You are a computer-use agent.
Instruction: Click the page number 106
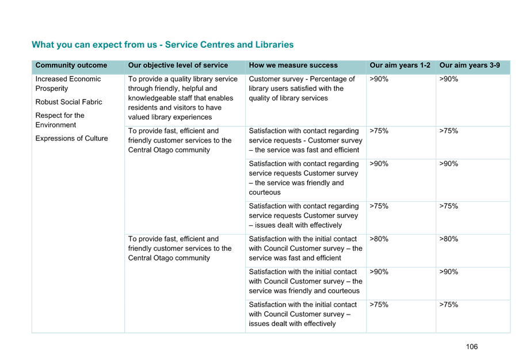(472, 347)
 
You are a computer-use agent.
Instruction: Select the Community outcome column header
(71, 65)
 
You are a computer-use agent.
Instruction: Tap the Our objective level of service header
(178, 65)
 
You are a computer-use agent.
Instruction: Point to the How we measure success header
(294, 65)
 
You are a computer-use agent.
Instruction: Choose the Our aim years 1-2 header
(400, 65)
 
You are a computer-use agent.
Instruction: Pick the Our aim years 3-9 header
(470, 65)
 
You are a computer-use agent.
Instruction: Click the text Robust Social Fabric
(68, 102)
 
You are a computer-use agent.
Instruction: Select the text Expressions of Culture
(71, 139)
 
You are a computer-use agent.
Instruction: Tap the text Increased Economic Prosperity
(68, 83)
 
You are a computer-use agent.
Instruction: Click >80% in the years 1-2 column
(379, 239)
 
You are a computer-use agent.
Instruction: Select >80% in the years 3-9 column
(448, 239)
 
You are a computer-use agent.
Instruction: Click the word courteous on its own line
(265, 192)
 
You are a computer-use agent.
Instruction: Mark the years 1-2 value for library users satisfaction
(379, 79)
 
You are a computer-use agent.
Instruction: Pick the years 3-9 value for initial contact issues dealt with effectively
(448, 304)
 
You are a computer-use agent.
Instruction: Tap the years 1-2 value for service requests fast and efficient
(379, 131)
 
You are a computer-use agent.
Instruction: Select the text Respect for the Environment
(60, 120)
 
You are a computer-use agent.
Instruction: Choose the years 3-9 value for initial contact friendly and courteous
(448, 271)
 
